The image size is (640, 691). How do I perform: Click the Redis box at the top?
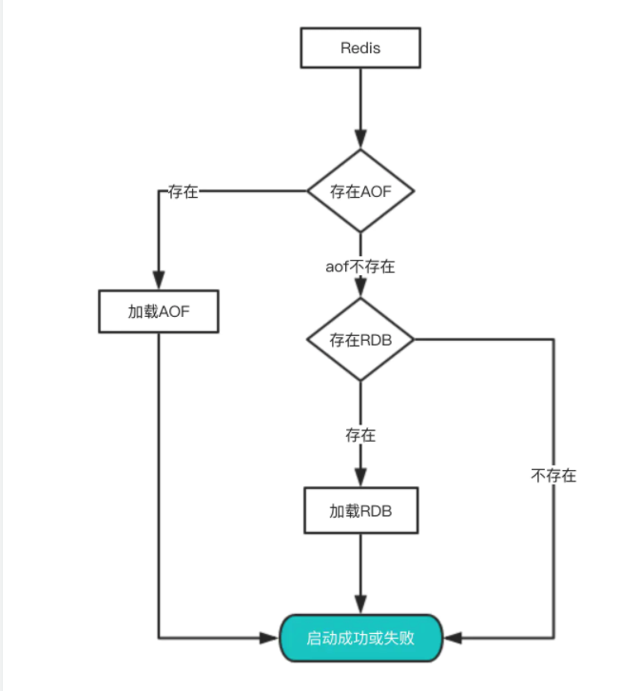pos(360,48)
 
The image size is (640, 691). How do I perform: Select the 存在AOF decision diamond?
pos(360,190)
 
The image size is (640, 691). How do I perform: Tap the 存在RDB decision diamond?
pos(360,340)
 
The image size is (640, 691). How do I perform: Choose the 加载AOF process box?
pos(159,311)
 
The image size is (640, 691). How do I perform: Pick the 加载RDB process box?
pos(360,511)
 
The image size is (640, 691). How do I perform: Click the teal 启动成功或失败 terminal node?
pos(360,638)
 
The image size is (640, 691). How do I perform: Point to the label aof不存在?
pos(360,267)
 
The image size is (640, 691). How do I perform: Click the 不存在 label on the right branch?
pos(553,475)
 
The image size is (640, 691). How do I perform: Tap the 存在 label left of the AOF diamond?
pos(183,191)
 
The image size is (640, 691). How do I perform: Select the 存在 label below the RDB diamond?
pos(360,435)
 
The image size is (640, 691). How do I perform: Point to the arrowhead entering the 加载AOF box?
pos(159,284)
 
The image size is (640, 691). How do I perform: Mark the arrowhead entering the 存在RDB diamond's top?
pos(360,290)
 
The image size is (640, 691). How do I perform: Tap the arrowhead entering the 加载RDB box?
pos(360,481)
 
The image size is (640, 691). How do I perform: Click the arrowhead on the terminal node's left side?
pos(272,637)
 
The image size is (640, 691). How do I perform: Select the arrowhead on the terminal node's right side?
pos(451,637)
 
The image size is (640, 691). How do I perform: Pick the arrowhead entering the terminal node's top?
pos(360,607)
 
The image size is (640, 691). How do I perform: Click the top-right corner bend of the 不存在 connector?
pos(553,340)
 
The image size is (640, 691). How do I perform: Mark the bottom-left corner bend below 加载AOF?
pos(159,637)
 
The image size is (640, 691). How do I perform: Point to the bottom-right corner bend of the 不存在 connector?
pos(553,637)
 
